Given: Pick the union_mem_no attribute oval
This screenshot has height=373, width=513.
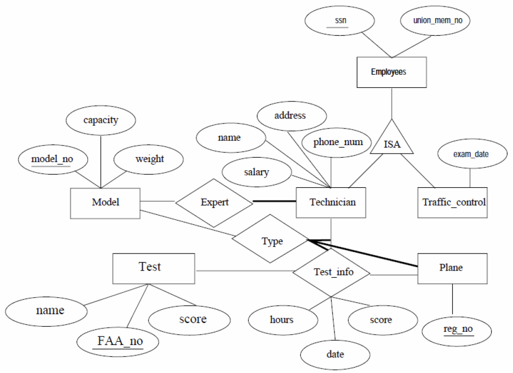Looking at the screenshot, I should click(x=435, y=21).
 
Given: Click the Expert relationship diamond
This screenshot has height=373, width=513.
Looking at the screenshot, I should click(x=214, y=202).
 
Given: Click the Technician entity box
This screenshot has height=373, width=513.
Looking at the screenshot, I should click(x=331, y=202).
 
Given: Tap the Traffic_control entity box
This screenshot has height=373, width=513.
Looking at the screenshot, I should click(x=453, y=202).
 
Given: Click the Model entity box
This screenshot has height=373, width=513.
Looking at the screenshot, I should click(x=105, y=203).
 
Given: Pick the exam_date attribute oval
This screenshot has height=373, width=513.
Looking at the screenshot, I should click(x=470, y=155).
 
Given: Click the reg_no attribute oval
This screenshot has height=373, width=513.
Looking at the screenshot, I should click(x=458, y=330).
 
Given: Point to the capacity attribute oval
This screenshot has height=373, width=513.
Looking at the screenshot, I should click(x=100, y=120).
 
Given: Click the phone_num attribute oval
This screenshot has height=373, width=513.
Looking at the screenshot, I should click(x=337, y=142).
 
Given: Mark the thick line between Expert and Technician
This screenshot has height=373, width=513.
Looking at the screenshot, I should click(x=274, y=202).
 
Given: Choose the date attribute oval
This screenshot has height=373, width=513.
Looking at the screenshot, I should click(x=335, y=354).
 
